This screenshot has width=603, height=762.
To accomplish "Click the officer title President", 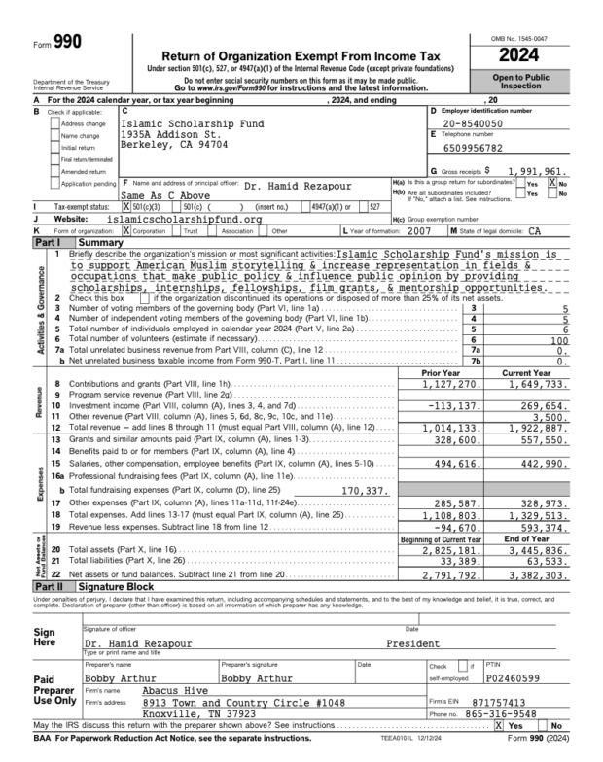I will tap(413, 643).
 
